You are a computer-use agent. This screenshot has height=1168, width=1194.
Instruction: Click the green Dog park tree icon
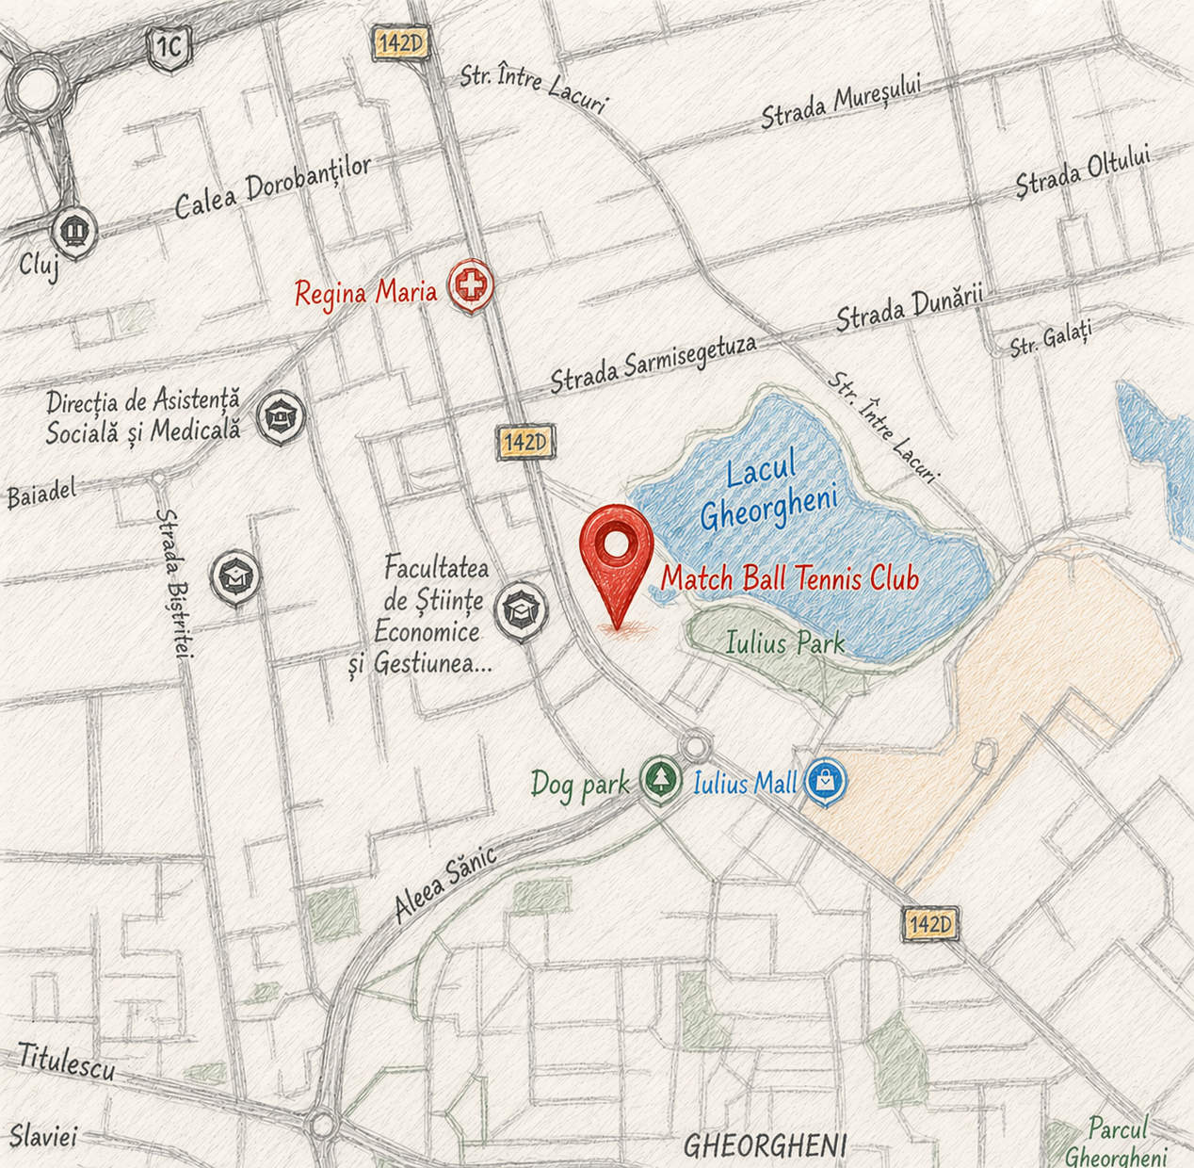click(x=662, y=779)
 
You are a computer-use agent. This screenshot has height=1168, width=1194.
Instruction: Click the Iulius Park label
click(x=785, y=644)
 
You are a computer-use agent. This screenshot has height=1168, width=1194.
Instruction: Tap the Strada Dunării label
click(x=909, y=309)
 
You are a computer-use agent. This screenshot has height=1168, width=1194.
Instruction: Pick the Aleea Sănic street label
click(x=444, y=884)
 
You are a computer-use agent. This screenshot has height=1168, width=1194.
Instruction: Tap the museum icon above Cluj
click(x=73, y=228)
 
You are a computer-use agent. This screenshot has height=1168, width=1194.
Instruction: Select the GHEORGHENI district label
click(x=765, y=1145)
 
